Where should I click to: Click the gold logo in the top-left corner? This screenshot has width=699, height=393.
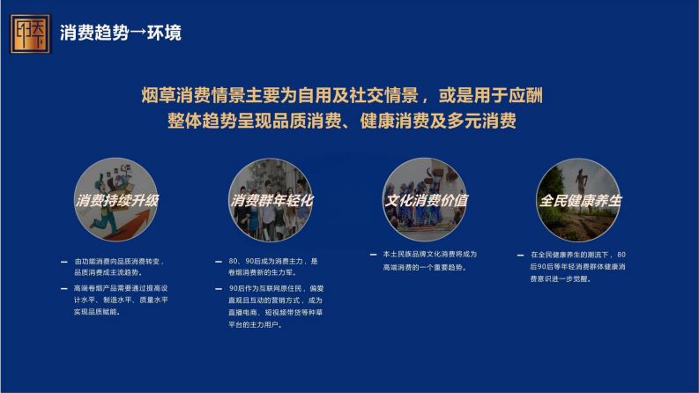coord(31,33)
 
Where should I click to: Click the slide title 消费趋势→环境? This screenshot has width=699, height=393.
coord(121,33)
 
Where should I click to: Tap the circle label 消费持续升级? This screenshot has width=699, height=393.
coord(118,200)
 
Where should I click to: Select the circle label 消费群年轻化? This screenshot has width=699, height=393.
coord(272,200)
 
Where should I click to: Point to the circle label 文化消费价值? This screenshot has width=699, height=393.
coord(426,200)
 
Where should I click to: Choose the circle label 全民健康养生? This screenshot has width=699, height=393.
coord(580,200)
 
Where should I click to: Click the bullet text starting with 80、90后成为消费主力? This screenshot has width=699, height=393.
coord(272,267)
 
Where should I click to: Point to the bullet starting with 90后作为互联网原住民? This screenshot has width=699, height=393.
coord(276,306)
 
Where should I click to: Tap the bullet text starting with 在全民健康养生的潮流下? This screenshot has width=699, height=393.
coord(579,266)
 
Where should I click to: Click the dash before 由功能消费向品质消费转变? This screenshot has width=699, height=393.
coord(63,263)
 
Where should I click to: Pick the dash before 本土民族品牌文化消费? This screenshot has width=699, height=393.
coord(374,254)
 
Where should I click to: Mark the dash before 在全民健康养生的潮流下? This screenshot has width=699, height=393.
coord(521,254)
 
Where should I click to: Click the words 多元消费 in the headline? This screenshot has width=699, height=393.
coord(483,121)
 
